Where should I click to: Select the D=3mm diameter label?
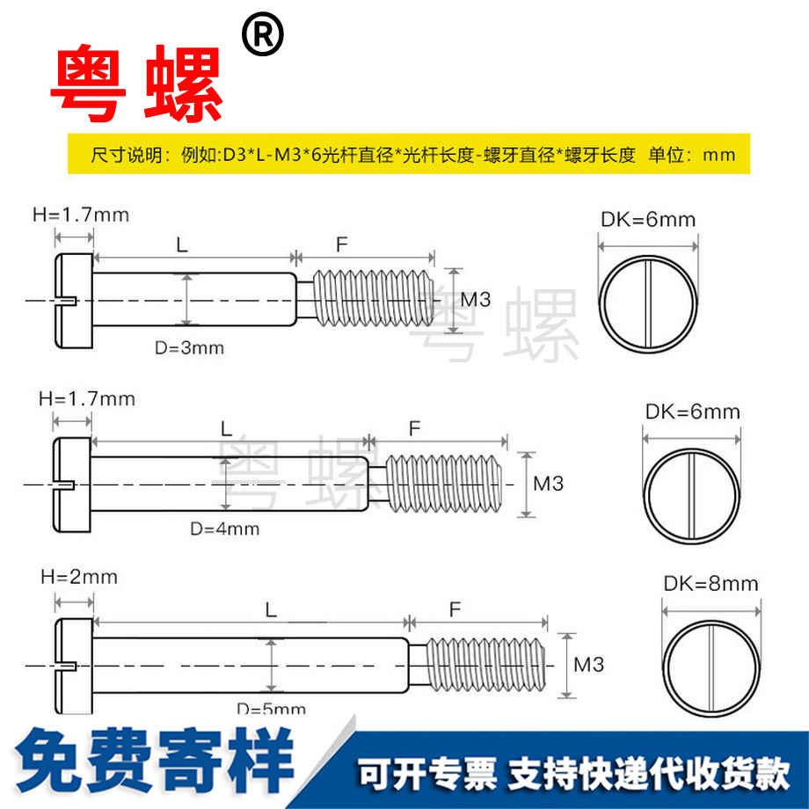pyautogui.click(x=189, y=347)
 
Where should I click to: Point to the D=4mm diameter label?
pyautogui.click(x=225, y=528)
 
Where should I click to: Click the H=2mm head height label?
pyautogui.click(x=78, y=577)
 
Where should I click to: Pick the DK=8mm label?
pyautogui.click(x=711, y=583)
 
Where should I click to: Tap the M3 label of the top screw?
pyautogui.click(x=475, y=300)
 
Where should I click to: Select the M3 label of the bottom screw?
pyautogui.click(x=588, y=665)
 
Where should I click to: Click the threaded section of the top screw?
pyautogui.click(x=369, y=299)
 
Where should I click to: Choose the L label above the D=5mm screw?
pyautogui.click(x=271, y=609)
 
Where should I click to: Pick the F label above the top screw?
pyautogui.click(x=342, y=244)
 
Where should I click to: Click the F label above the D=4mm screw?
pyautogui.click(x=414, y=428)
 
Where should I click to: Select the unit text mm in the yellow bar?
pyautogui.click(x=719, y=156)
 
